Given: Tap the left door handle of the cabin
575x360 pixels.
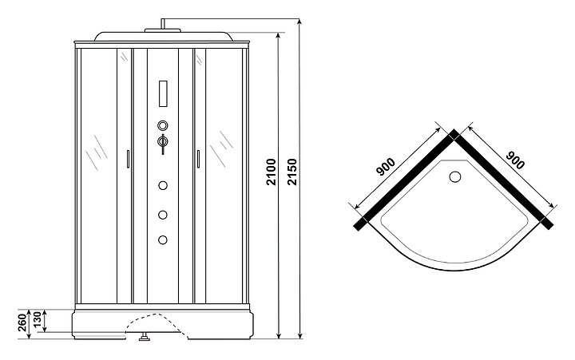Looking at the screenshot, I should click(127, 160).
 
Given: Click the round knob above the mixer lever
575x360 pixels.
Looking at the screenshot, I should click(164, 125).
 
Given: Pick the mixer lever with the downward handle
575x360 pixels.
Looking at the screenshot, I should click(164, 144).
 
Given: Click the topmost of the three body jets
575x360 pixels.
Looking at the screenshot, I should click(164, 186).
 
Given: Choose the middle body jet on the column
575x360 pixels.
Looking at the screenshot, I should click(164, 214).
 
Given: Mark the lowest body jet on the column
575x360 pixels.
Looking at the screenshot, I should click(164, 239).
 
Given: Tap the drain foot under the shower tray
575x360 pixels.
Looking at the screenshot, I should click(145, 338).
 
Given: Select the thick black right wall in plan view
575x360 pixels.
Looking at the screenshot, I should click(505, 179).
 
